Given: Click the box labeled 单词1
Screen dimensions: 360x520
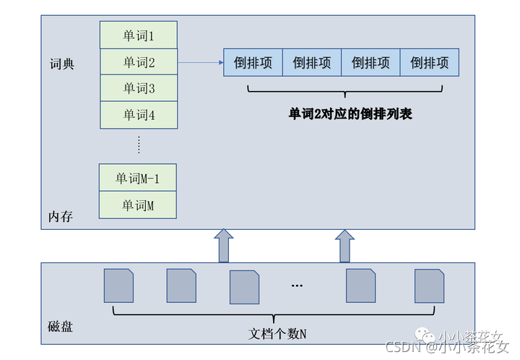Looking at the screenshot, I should click(x=138, y=35).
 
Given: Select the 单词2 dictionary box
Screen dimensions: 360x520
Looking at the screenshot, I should click(x=138, y=62).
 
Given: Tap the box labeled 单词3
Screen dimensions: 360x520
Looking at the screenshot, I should click(x=138, y=88).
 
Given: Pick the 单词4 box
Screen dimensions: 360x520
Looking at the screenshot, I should click(x=138, y=115).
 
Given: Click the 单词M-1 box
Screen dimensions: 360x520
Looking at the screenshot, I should click(x=138, y=178).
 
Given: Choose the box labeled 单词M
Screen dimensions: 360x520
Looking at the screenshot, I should click(x=138, y=205).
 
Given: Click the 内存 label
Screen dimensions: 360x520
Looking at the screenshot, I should click(x=61, y=217).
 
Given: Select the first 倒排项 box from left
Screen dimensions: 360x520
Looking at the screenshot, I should click(x=253, y=63).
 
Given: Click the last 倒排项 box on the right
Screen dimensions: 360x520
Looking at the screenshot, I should click(x=430, y=63).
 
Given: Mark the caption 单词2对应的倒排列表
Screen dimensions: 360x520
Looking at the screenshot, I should click(x=350, y=113).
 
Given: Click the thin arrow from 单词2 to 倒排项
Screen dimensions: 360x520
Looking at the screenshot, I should click(x=200, y=63).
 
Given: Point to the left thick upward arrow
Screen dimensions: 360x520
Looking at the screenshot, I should click(x=224, y=246).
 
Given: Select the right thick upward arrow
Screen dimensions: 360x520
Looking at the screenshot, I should click(x=344, y=246).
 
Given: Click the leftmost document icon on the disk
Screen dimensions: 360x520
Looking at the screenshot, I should click(x=118, y=286).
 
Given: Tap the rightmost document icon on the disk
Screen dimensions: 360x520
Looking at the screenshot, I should click(x=429, y=286).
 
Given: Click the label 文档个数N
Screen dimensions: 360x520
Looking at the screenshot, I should click(x=277, y=333).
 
